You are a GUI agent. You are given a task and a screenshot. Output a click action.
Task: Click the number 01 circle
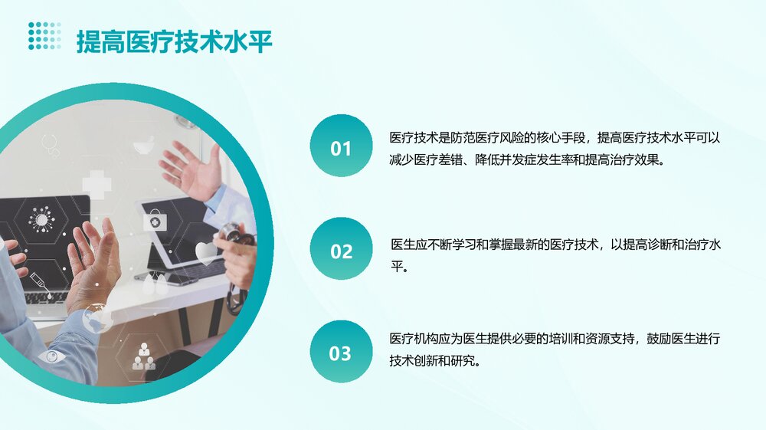[341, 147]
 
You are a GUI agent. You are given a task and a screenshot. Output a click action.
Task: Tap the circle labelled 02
[341, 250]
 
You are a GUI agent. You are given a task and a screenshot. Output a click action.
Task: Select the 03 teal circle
[341, 353]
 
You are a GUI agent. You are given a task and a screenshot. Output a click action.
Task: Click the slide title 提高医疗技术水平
[174, 41]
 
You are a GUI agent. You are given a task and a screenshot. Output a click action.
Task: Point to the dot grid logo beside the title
[44, 36]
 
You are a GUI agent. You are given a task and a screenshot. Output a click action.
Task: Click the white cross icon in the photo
[97, 184]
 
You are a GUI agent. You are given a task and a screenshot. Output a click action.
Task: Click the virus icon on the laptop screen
[41, 219]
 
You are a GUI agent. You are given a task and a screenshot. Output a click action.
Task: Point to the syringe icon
[38, 281]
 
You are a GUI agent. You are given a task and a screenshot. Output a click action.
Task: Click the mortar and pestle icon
[143, 145]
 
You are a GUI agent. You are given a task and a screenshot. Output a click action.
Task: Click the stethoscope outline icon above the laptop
[51, 144]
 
